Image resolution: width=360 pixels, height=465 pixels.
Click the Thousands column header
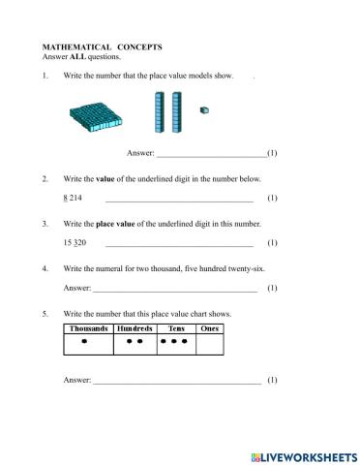pos(88,328)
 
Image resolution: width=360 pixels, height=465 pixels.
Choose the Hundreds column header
pos(135,328)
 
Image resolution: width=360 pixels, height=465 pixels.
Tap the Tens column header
pos(175,328)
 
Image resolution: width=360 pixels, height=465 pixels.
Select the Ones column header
pos(209,328)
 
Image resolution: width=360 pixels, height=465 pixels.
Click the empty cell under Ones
pos(209,343)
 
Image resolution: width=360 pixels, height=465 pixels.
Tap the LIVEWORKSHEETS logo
pos(303,455)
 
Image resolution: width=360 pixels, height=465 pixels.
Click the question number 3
pos(45,224)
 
